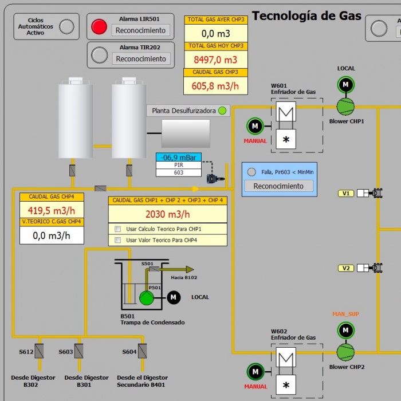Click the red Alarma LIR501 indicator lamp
(x=100, y=26)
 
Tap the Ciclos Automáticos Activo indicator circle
(x=67, y=26)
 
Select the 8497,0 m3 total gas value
(x=215, y=59)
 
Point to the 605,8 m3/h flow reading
(x=215, y=85)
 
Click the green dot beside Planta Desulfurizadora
(x=222, y=111)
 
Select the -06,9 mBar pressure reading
(x=178, y=158)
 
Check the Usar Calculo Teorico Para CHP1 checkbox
(x=118, y=229)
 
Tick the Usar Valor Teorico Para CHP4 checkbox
(x=118, y=240)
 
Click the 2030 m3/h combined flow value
(x=167, y=214)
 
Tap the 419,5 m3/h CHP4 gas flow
(x=52, y=210)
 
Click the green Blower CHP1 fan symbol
(x=345, y=106)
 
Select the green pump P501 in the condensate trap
(x=147, y=298)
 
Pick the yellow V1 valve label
(x=346, y=193)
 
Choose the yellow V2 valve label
(x=346, y=268)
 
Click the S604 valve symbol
(x=142, y=351)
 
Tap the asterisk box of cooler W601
(x=286, y=139)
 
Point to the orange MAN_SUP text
(x=345, y=314)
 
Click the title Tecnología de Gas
(x=306, y=15)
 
